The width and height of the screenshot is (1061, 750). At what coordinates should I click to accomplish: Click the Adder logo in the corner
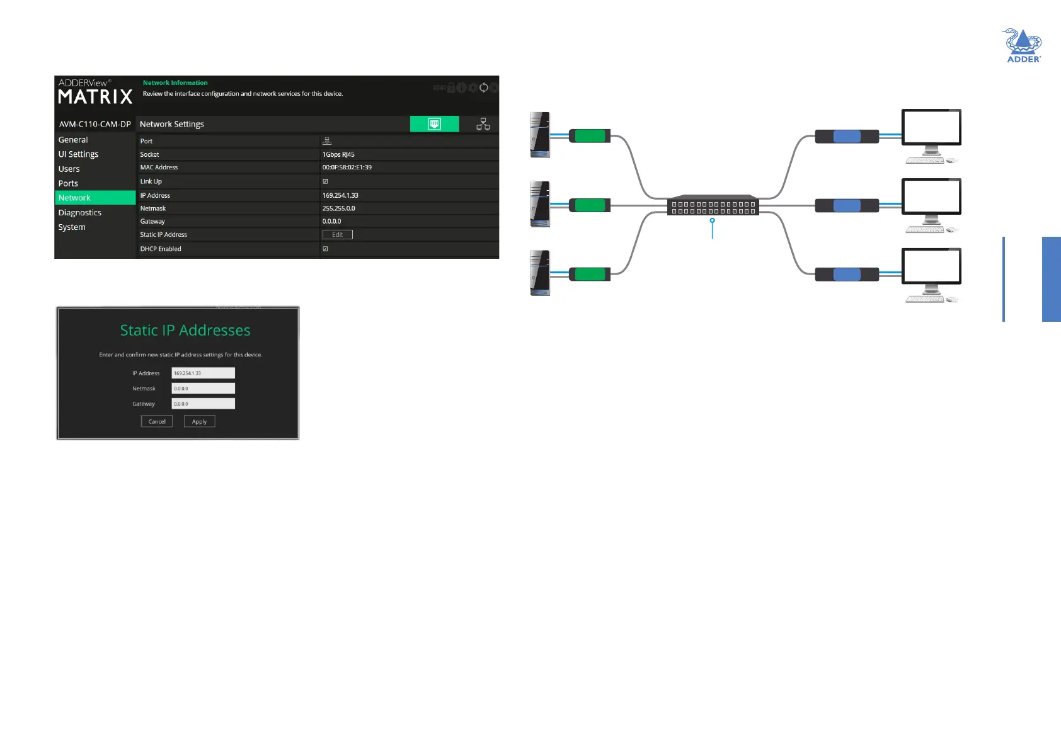(1023, 46)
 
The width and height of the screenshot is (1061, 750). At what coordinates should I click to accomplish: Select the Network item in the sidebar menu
(74, 198)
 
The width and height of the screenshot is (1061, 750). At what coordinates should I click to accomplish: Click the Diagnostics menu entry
(80, 213)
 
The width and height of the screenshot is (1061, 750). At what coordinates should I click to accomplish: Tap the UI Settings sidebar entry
(79, 154)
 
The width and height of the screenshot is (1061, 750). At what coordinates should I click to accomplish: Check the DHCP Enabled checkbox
(325, 249)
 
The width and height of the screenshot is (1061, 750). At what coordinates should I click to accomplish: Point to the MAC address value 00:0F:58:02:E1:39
(347, 168)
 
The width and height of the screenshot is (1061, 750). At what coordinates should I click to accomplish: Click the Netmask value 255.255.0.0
(339, 208)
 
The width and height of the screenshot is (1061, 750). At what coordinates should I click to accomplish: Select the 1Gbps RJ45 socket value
(338, 154)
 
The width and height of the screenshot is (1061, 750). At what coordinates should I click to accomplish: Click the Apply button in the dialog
(199, 421)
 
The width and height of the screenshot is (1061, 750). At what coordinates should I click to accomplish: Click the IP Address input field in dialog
(203, 373)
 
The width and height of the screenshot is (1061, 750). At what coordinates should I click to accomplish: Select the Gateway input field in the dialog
(203, 404)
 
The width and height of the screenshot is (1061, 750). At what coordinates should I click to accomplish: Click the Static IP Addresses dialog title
(185, 331)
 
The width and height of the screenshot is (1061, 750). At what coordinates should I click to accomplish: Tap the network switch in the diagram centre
(713, 206)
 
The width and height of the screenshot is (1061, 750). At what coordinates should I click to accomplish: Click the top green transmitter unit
(590, 136)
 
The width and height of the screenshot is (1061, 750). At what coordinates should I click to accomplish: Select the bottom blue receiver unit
(847, 275)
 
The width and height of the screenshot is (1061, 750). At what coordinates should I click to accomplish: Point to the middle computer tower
(540, 204)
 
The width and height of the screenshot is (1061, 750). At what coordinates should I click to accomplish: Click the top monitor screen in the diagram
(931, 128)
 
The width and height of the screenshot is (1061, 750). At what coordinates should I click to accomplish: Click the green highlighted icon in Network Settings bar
(434, 124)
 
